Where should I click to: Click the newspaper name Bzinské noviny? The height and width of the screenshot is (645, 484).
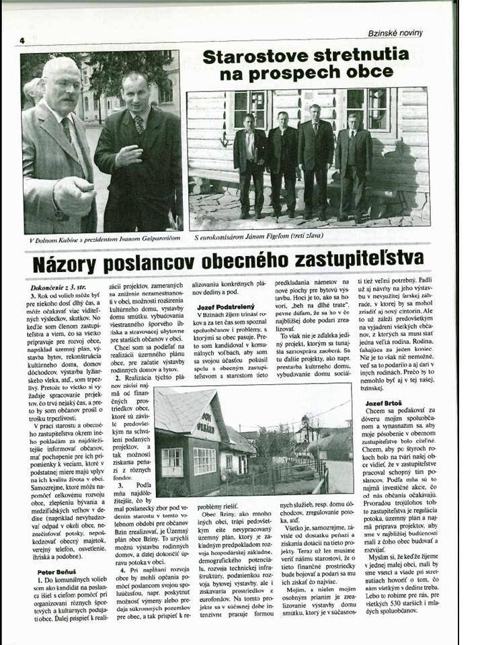tap(395, 32)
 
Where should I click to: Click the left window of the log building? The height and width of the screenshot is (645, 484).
tap(249, 109)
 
